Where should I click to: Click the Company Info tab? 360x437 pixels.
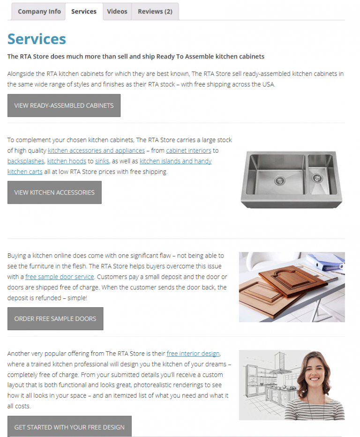(39, 12)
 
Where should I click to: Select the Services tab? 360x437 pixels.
(84, 12)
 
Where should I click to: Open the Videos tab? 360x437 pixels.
(117, 12)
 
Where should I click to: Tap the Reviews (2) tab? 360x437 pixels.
(155, 12)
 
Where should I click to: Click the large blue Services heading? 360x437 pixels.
(37, 39)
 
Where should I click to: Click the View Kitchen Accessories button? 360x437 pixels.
(54, 193)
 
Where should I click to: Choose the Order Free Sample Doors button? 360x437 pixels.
(55, 318)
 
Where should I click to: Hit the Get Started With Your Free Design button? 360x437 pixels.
(69, 427)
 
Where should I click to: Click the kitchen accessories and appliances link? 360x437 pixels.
(96, 150)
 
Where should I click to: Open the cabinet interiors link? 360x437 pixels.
(188, 150)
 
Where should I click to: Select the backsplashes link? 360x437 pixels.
(26, 161)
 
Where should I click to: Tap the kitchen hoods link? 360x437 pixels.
(67, 161)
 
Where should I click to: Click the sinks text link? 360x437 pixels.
(102, 161)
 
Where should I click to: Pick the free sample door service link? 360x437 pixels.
(60, 277)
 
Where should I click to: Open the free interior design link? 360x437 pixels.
(193, 353)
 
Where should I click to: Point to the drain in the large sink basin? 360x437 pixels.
(280, 179)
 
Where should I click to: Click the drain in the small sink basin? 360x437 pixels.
(317, 178)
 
